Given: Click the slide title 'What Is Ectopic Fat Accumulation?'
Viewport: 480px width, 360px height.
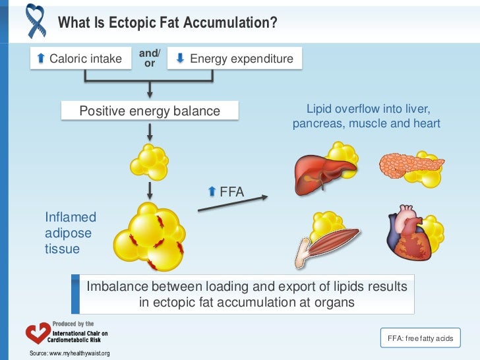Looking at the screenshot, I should click(167, 23).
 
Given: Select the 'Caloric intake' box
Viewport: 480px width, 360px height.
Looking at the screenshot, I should click(79, 59).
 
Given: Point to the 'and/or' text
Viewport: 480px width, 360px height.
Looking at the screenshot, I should click(150, 58).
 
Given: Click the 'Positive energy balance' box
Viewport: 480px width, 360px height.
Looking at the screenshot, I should click(150, 111).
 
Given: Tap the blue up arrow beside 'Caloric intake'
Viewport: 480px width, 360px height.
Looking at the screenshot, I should click(42, 59).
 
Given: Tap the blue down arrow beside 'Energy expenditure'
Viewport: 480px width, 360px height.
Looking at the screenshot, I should click(181, 59).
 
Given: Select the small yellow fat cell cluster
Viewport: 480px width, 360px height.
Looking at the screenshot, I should click(150, 160).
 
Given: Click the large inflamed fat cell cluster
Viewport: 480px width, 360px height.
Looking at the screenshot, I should click(150, 235).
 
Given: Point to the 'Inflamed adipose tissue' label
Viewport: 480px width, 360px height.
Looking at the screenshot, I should click(71, 233).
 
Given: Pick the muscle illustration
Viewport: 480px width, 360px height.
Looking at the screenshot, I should click(330, 243).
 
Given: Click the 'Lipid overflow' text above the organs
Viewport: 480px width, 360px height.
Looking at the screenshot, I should click(366, 116).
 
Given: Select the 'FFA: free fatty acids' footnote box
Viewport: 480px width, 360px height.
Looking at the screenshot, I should click(421, 338).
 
